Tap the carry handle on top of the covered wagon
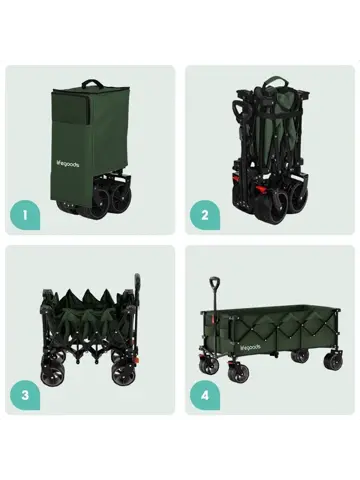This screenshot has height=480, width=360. click(x=97, y=85)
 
